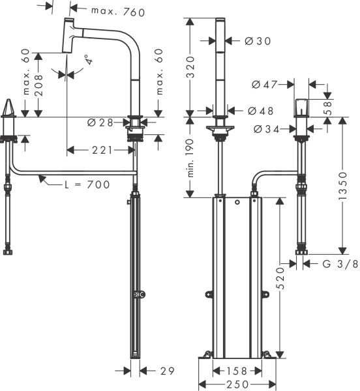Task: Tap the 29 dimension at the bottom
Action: pyautogui.click(x=168, y=370)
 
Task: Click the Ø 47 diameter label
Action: pyautogui.click(x=265, y=84)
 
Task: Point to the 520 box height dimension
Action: pyautogui.click(x=282, y=278)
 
